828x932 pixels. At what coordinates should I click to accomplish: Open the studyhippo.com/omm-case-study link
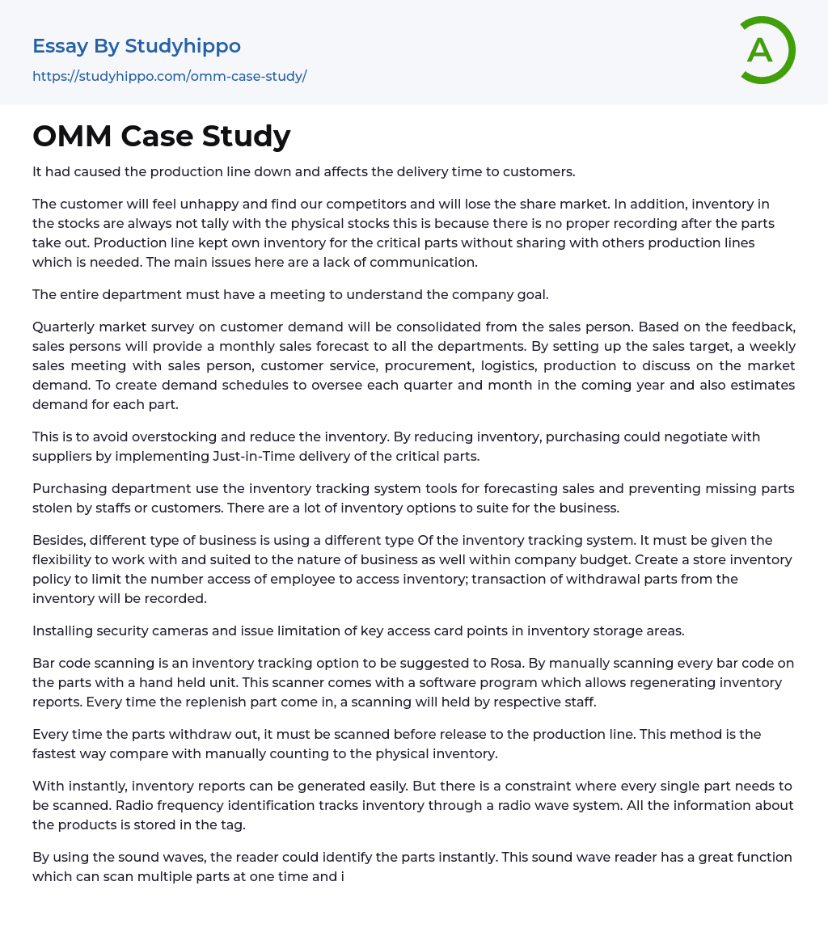click(x=169, y=77)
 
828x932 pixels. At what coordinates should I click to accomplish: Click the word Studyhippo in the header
click(x=183, y=46)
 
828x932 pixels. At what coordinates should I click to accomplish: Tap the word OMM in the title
click(x=71, y=137)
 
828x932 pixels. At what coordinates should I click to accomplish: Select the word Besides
click(x=58, y=540)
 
